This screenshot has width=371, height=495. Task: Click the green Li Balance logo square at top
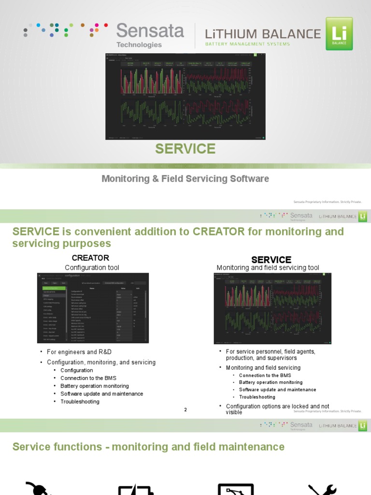click(339, 33)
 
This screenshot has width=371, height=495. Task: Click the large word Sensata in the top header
click(150, 31)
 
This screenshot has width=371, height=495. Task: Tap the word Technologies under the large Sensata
click(139, 44)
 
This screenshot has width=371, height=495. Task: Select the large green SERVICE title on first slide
click(185, 149)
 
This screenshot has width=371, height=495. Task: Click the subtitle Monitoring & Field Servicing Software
click(185, 179)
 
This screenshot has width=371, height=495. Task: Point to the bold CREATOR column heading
click(90, 258)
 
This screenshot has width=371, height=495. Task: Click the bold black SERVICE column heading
click(271, 260)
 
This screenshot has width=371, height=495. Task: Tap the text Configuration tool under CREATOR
click(92, 267)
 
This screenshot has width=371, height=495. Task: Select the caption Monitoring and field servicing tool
click(268, 268)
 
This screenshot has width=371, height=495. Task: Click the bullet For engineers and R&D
click(82, 352)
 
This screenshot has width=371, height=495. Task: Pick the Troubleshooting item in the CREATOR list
click(80, 402)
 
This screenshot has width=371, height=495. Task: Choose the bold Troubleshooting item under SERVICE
click(257, 397)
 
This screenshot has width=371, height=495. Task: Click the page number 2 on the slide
click(185, 410)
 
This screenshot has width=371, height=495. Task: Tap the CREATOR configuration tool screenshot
click(93, 308)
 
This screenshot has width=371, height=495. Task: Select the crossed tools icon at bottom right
click(323, 489)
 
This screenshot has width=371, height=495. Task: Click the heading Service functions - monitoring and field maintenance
click(148, 447)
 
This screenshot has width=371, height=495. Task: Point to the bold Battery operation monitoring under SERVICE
click(271, 382)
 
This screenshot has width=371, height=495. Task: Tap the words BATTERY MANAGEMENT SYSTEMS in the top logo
click(248, 44)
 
